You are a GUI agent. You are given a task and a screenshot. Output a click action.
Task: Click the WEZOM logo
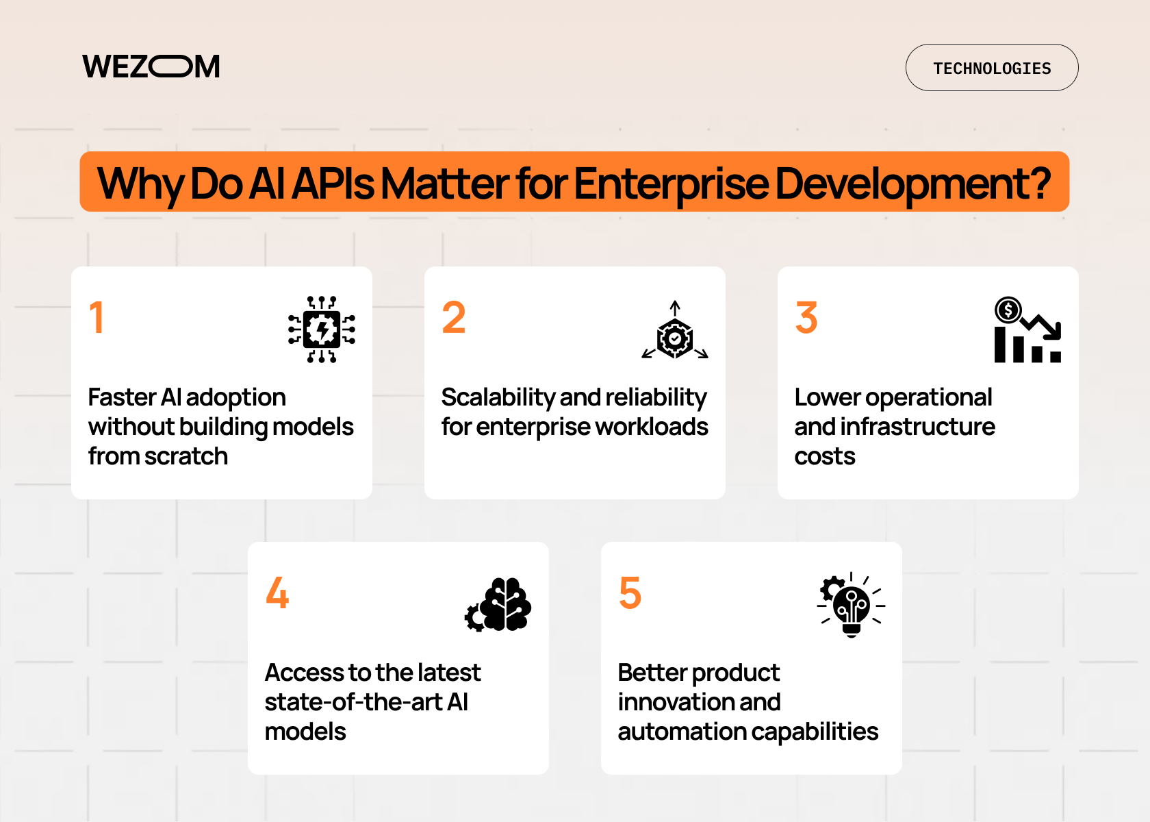[x=151, y=67]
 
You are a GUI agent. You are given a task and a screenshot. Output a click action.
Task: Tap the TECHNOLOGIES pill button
[x=991, y=68]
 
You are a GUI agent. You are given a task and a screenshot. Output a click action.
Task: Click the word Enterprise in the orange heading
[x=671, y=183]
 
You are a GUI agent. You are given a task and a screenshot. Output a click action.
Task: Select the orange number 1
[x=97, y=318]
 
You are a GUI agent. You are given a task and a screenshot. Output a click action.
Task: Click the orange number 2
[x=453, y=318]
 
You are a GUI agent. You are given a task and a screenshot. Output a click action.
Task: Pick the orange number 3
[x=806, y=318]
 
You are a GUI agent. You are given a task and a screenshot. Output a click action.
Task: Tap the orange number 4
[x=277, y=593]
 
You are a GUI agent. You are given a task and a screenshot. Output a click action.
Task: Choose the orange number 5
[x=630, y=593]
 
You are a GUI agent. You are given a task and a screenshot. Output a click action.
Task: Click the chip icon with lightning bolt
[x=322, y=329]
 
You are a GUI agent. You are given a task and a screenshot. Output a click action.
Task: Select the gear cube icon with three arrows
[x=675, y=333]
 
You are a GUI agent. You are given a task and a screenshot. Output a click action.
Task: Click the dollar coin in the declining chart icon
[x=1008, y=310]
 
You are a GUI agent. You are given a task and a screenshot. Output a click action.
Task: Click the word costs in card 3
[x=824, y=456]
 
